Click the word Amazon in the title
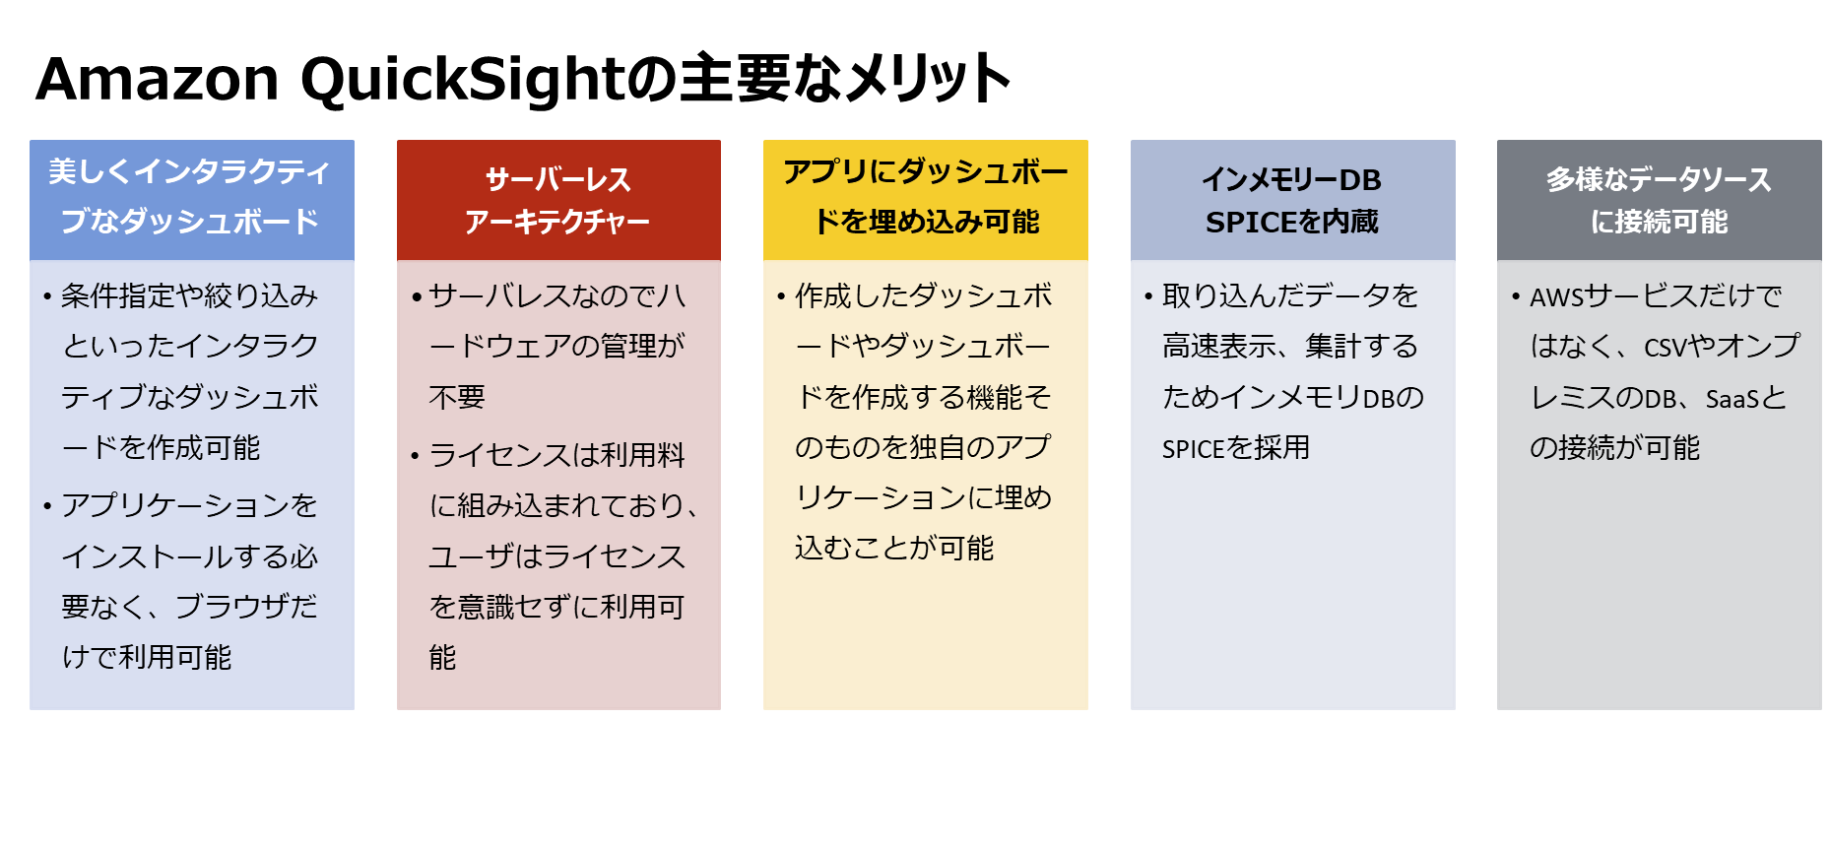click(x=158, y=79)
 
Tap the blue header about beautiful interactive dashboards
click(x=192, y=200)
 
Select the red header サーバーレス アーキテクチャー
click(x=558, y=200)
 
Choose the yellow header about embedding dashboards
click(x=926, y=200)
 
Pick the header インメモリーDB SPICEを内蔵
click(x=1293, y=200)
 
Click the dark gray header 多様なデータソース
click(x=1660, y=200)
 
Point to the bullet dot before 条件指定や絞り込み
click(x=47, y=296)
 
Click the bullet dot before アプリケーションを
click(x=47, y=506)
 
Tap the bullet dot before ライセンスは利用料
click(x=416, y=456)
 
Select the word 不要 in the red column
click(x=457, y=397)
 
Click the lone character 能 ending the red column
click(x=443, y=657)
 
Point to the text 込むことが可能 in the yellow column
click(x=894, y=548)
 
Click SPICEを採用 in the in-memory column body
click(x=1236, y=448)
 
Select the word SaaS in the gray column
click(x=1732, y=398)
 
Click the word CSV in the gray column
click(x=1666, y=348)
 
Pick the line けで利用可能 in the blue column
click(x=147, y=657)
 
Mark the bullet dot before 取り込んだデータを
click(x=1148, y=296)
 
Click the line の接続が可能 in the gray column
click(x=1615, y=448)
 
